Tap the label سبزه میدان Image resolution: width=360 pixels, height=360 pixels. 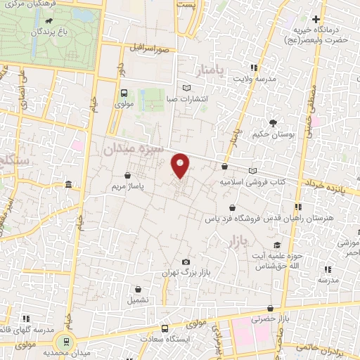click(134, 148)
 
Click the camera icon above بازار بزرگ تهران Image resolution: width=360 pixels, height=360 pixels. click(186, 262)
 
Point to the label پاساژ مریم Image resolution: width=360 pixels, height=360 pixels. click(127, 187)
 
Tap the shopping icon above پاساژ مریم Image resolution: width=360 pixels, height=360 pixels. click(127, 176)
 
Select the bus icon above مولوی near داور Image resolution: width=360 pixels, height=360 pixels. click(124, 93)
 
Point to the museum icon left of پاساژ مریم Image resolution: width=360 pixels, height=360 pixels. click(68, 185)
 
